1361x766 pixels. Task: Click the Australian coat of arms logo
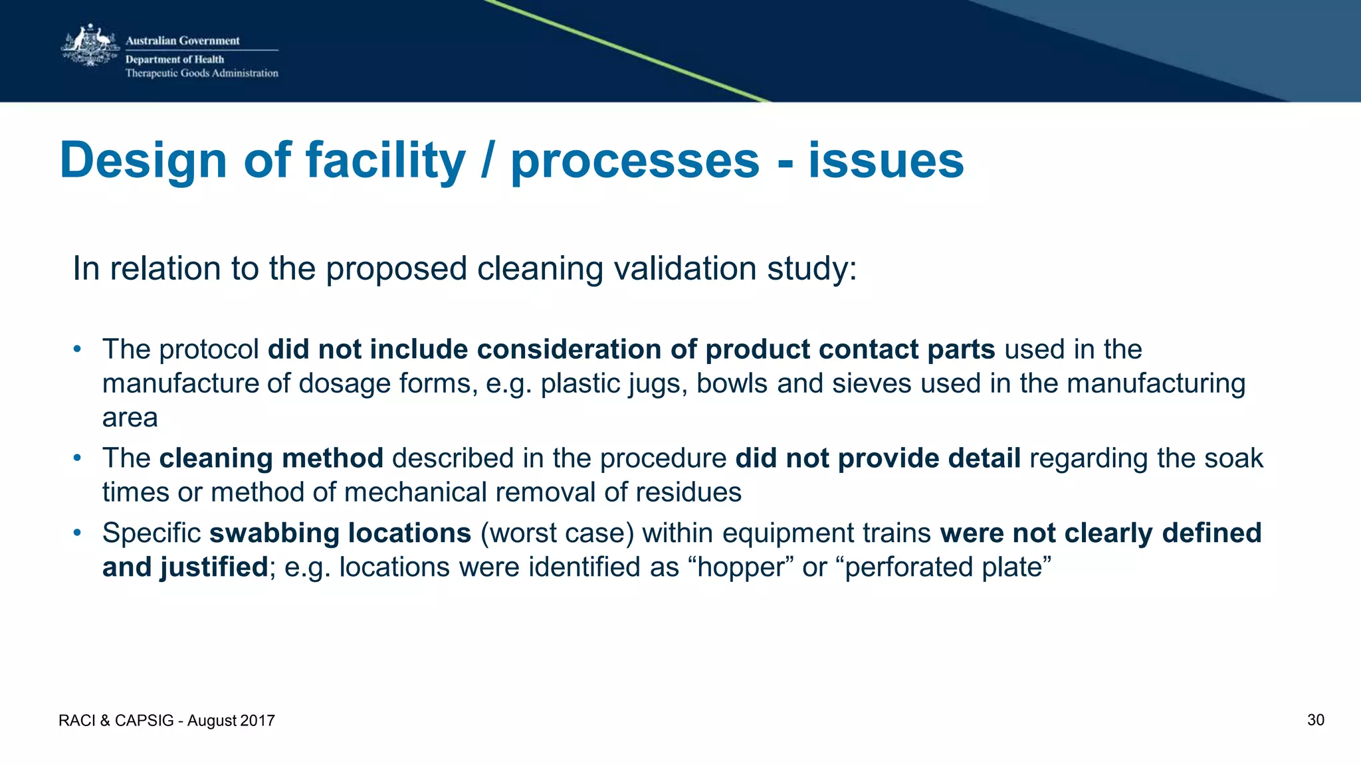click(89, 46)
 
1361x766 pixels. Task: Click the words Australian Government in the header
click(182, 41)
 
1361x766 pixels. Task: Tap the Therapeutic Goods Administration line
click(201, 73)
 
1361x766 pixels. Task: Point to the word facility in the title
click(385, 161)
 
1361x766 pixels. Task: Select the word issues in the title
click(885, 161)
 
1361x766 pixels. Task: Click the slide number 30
click(1315, 720)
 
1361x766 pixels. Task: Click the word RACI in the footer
click(77, 721)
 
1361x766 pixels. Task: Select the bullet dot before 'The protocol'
click(77, 349)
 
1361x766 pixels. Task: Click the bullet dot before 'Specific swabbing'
click(77, 533)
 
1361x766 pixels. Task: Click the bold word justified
click(213, 567)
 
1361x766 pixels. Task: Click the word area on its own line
click(130, 418)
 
